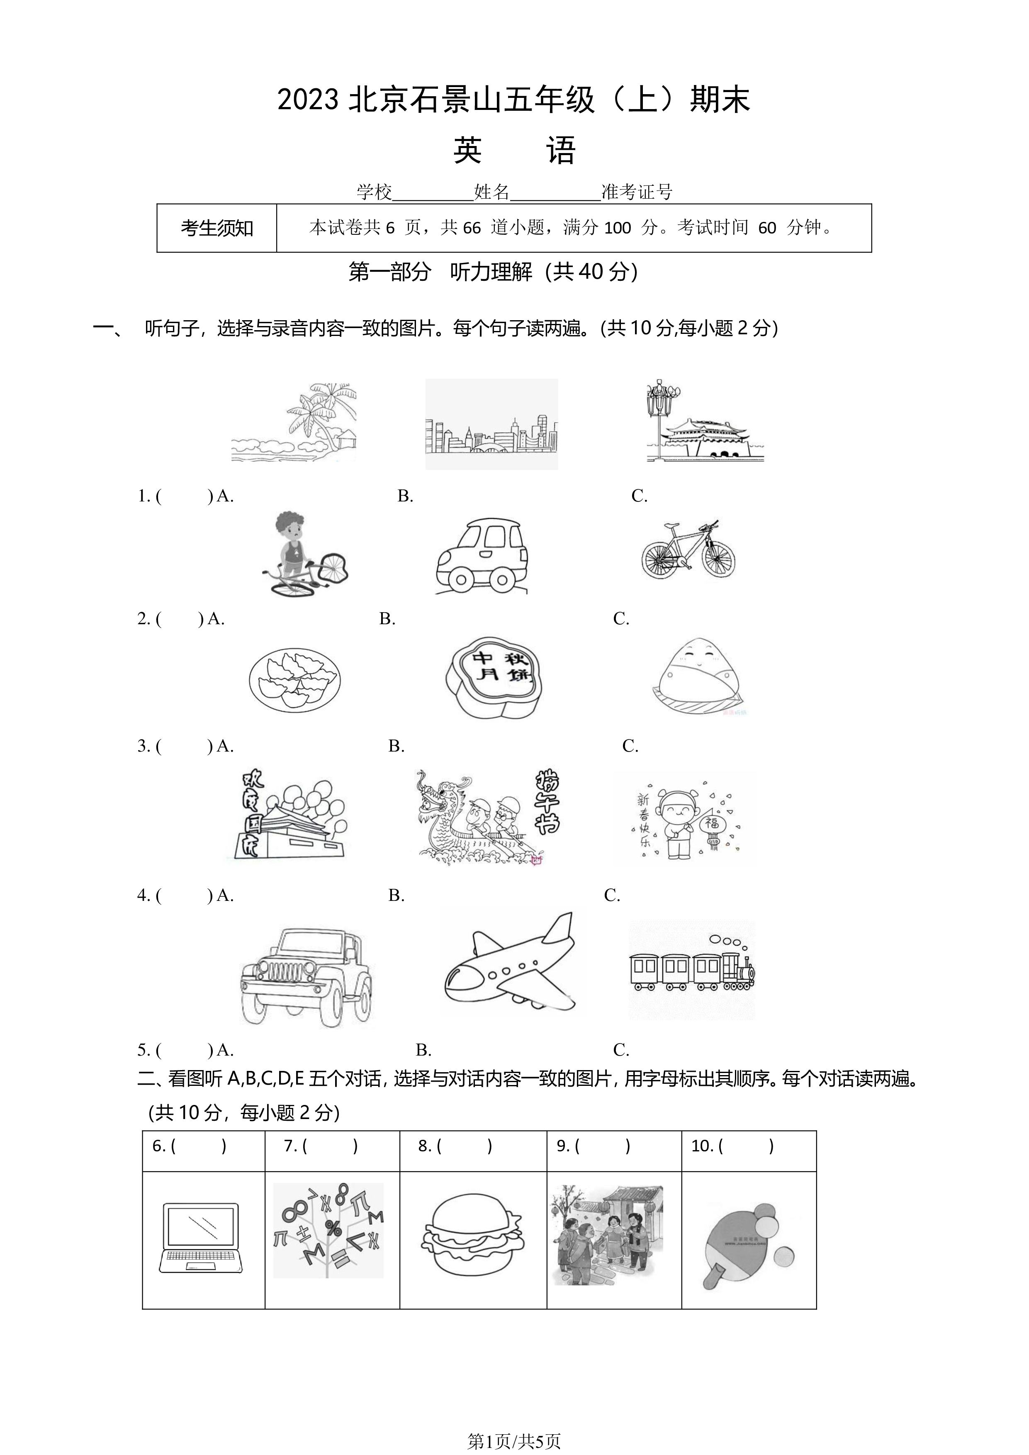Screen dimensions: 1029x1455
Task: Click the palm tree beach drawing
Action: point(293,422)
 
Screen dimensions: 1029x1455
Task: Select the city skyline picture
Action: point(492,424)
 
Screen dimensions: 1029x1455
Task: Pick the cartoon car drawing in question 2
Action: point(482,556)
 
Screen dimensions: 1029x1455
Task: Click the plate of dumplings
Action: point(295,680)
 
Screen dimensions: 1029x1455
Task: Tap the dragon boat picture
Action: point(487,817)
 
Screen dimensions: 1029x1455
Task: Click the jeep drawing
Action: point(306,978)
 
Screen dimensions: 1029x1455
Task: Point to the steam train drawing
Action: point(692,970)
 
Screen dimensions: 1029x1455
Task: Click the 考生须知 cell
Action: point(217,228)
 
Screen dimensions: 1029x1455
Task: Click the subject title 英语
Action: point(514,151)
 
